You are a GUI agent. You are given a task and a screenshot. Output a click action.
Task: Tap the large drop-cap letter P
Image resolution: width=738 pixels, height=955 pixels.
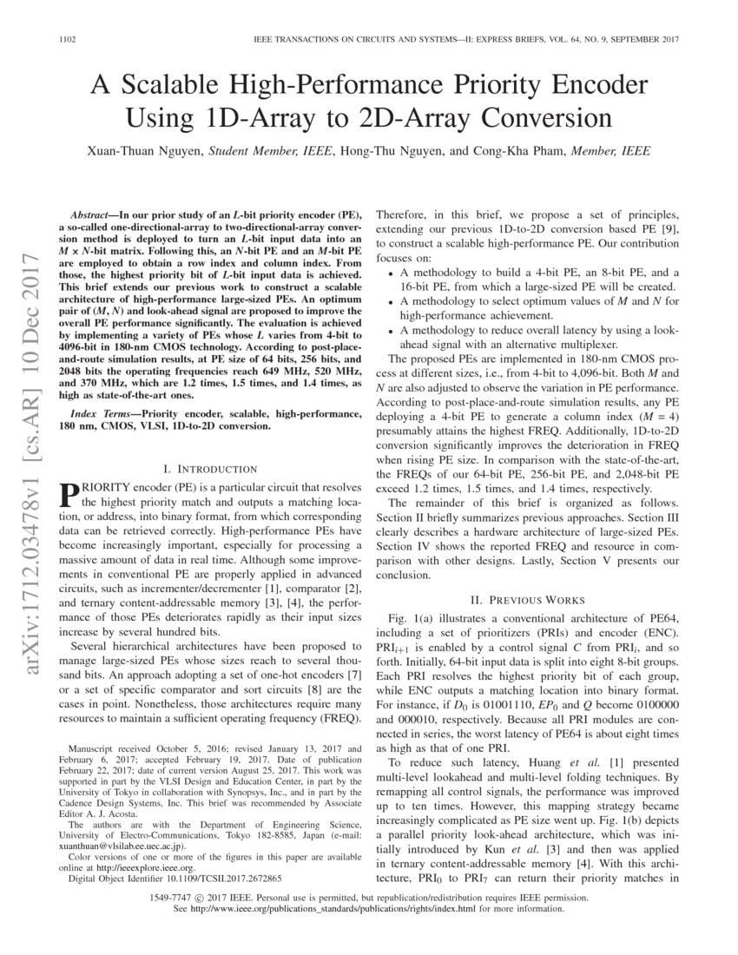69,495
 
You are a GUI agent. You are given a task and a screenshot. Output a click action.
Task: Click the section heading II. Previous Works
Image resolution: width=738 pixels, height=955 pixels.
527,600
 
